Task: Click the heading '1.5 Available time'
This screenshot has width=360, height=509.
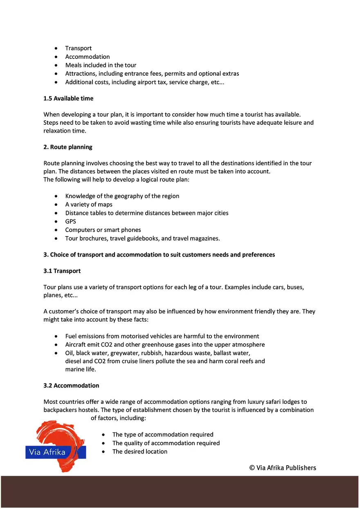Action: click(68, 99)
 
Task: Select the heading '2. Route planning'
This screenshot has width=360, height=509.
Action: click(68, 147)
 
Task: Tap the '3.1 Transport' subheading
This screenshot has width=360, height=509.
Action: click(62, 271)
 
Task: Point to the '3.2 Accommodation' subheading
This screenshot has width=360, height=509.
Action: click(71, 385)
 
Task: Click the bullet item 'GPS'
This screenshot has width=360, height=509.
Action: click(70, 221)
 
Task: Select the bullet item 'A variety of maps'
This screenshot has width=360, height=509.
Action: click(89, 205)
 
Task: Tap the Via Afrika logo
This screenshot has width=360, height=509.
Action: click(56, 446)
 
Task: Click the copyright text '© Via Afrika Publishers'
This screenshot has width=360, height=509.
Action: click(283, 468)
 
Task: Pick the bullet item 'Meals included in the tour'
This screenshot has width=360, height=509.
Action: click(101, 65)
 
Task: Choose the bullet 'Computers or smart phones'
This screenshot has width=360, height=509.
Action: click(103, 230)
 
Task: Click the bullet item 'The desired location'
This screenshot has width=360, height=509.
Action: click(140, 452)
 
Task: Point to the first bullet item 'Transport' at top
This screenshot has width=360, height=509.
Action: click(79, 48)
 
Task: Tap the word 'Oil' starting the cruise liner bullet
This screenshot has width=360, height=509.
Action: click(70, 353)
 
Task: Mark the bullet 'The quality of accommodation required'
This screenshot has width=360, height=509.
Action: click(166, 443)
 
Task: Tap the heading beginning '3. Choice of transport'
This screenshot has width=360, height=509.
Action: click(159, 254)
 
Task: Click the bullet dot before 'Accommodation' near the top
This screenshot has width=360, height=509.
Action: click(56, 57)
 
